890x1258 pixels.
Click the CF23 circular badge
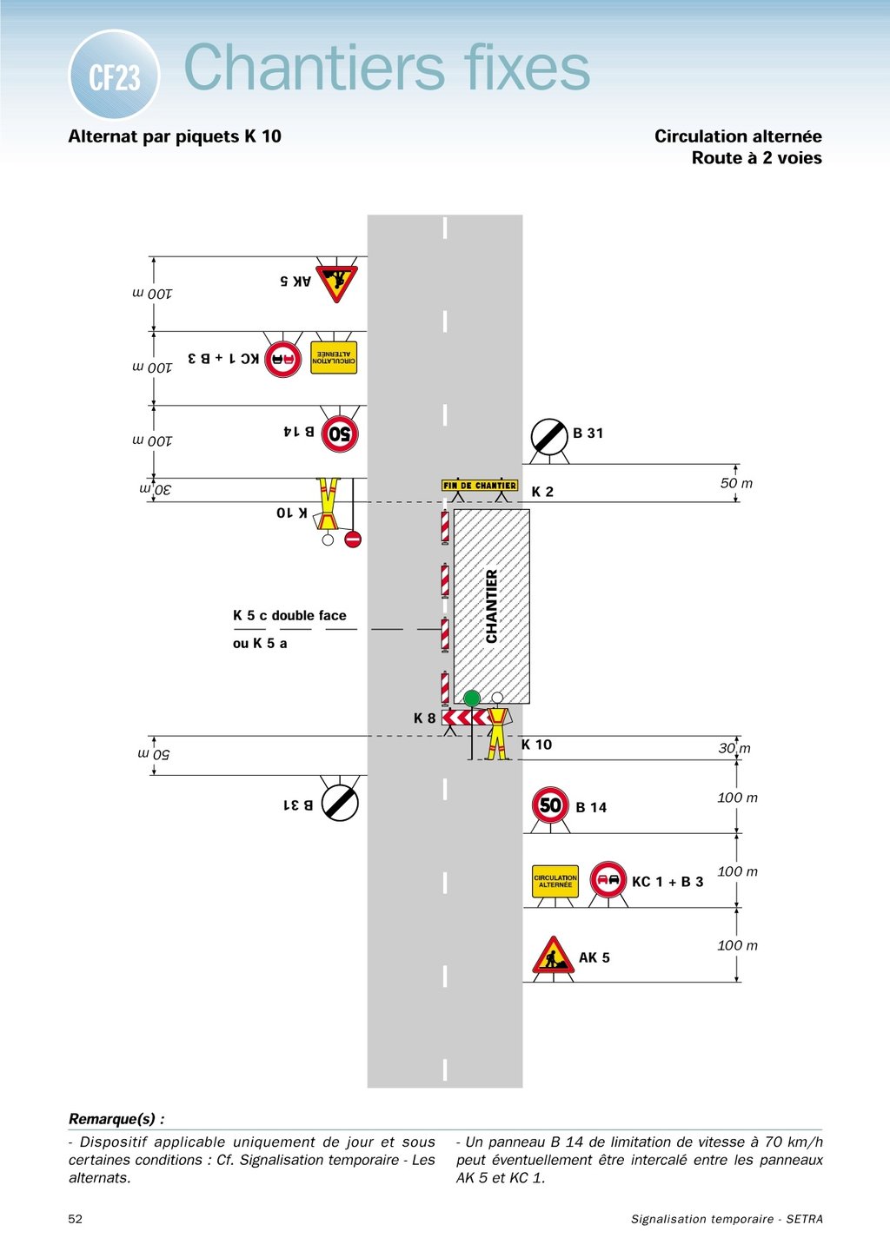[x=114, y=76]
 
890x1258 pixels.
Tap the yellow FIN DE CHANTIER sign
[x=479, y=486]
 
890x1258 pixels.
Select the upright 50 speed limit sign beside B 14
[x=550, y=805]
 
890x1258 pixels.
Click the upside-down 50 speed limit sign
[x=340, y=434]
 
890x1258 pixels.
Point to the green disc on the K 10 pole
[x=472, y=699]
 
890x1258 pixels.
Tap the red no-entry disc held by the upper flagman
[x=352, y=540]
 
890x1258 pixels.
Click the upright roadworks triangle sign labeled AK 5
[x=553, y=956]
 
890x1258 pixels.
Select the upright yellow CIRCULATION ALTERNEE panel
[x=555, y=881]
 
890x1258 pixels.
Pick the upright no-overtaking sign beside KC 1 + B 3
[x=608, y=880]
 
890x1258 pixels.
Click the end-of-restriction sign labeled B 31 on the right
[x=549, y=436]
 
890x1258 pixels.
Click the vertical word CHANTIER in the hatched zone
[x=492, y=606]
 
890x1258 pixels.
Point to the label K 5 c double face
[x=289, y=616]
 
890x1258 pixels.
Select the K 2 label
[x=542, y=492]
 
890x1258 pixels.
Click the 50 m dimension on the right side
[x=736, y=483]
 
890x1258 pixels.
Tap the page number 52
[x=76, y=1219]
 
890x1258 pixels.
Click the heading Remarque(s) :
[x=116, y=1119]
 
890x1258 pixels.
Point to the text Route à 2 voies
[x=756, y=158]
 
